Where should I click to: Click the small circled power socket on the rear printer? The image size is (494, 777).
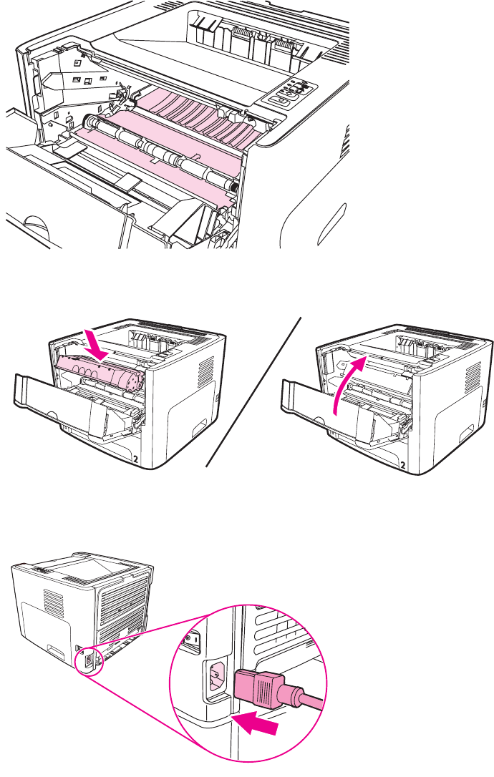tap(88, 661)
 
